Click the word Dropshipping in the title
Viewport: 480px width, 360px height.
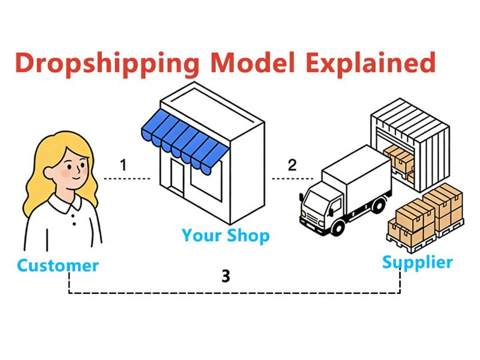[107, 64]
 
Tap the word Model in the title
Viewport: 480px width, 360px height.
[253, 62]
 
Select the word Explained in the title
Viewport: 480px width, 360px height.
[370, 64]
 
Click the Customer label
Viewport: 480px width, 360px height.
[58, 265]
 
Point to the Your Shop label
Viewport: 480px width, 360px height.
[226, 236]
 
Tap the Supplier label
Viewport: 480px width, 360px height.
[418, 263]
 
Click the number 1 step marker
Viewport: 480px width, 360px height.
[124, 165]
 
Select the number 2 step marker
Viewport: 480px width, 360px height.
[292, 165]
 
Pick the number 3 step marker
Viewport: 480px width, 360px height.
[226, 276]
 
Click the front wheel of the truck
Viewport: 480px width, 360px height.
[338, 227]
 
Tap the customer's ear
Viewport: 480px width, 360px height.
[49, 173]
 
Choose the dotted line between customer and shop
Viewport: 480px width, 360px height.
[127, 178]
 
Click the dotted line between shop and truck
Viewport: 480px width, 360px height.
[293, 178]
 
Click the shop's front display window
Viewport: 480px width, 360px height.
[206, 182]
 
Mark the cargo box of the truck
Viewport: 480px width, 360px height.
[357, 174]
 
